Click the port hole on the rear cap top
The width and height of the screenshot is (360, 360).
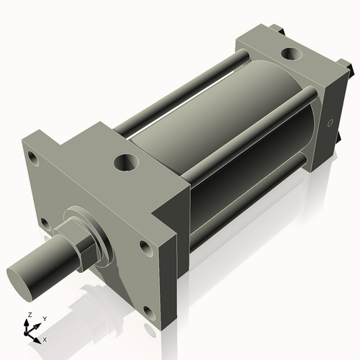[292, 53]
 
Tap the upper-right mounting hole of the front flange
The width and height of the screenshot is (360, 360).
[145, 247]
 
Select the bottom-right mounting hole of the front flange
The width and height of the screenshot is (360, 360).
[149, 312]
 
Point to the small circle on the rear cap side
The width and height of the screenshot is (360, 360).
[330, 123]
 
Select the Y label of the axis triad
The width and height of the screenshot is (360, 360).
[44, 318]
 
